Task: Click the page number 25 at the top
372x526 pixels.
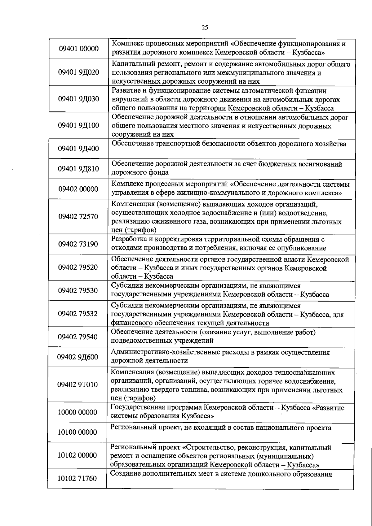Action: [x=205, y=28]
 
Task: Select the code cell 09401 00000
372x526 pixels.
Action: [x=79, y=49]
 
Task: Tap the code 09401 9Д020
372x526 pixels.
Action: [x=79, y=72]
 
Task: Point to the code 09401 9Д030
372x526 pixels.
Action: [x=79, y=99]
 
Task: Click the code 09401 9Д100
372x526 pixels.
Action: [x=79, y=126]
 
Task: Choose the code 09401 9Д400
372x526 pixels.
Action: [x=79, y=149]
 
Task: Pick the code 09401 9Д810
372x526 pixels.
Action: [x=79, y=169]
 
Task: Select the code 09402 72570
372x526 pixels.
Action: [x=78, y=216]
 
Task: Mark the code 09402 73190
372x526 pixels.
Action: [x=78, y=244]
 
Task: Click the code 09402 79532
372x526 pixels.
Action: [x=78, y=314]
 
